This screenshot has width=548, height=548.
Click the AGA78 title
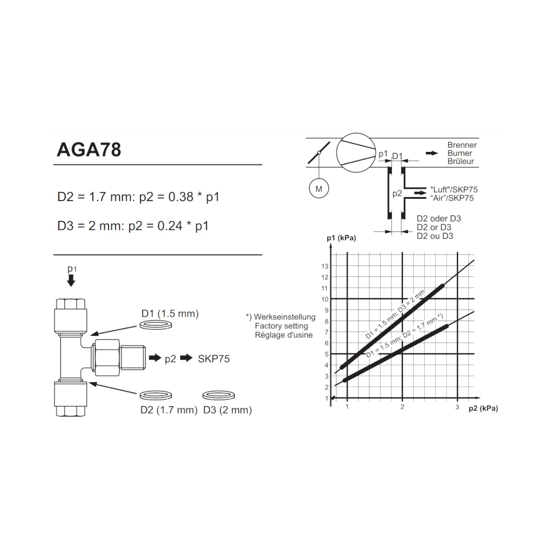89,150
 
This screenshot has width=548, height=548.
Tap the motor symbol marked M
318,189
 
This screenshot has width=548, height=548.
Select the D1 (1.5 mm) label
170,314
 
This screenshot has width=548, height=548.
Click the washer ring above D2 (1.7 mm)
156,395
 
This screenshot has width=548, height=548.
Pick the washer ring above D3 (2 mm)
218,395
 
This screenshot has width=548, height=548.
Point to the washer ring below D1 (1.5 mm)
156,325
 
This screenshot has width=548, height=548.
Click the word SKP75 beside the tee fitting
214,359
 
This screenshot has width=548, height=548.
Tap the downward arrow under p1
71,280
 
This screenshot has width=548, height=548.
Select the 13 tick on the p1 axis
325,266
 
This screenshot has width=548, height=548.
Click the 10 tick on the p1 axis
325,299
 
